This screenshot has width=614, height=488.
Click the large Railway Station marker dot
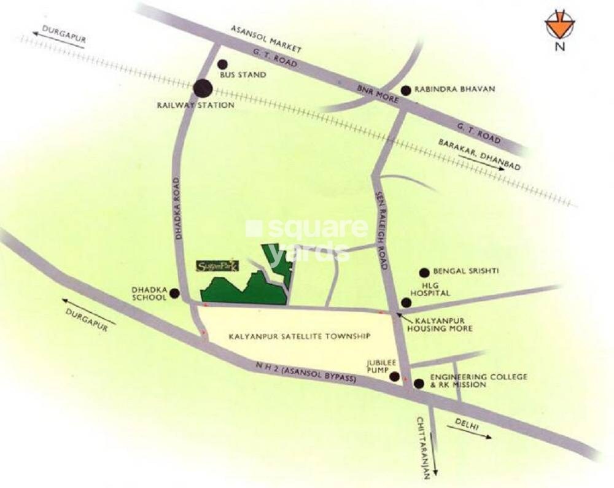[x=203, y=88]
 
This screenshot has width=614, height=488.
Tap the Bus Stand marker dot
[x=222, y=64]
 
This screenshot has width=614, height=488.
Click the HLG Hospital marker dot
[x=405, y=303]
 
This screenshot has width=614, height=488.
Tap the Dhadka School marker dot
[x=175, y=293]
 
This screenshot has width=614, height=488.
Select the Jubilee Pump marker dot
[x=394, y=377]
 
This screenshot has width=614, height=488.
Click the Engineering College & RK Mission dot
[x=419, y=384]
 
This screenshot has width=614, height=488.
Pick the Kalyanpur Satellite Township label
[x=300, y=336]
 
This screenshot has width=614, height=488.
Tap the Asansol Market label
[x=267, y=38]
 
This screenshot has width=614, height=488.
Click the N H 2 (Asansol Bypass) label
[x=307, y=373]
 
